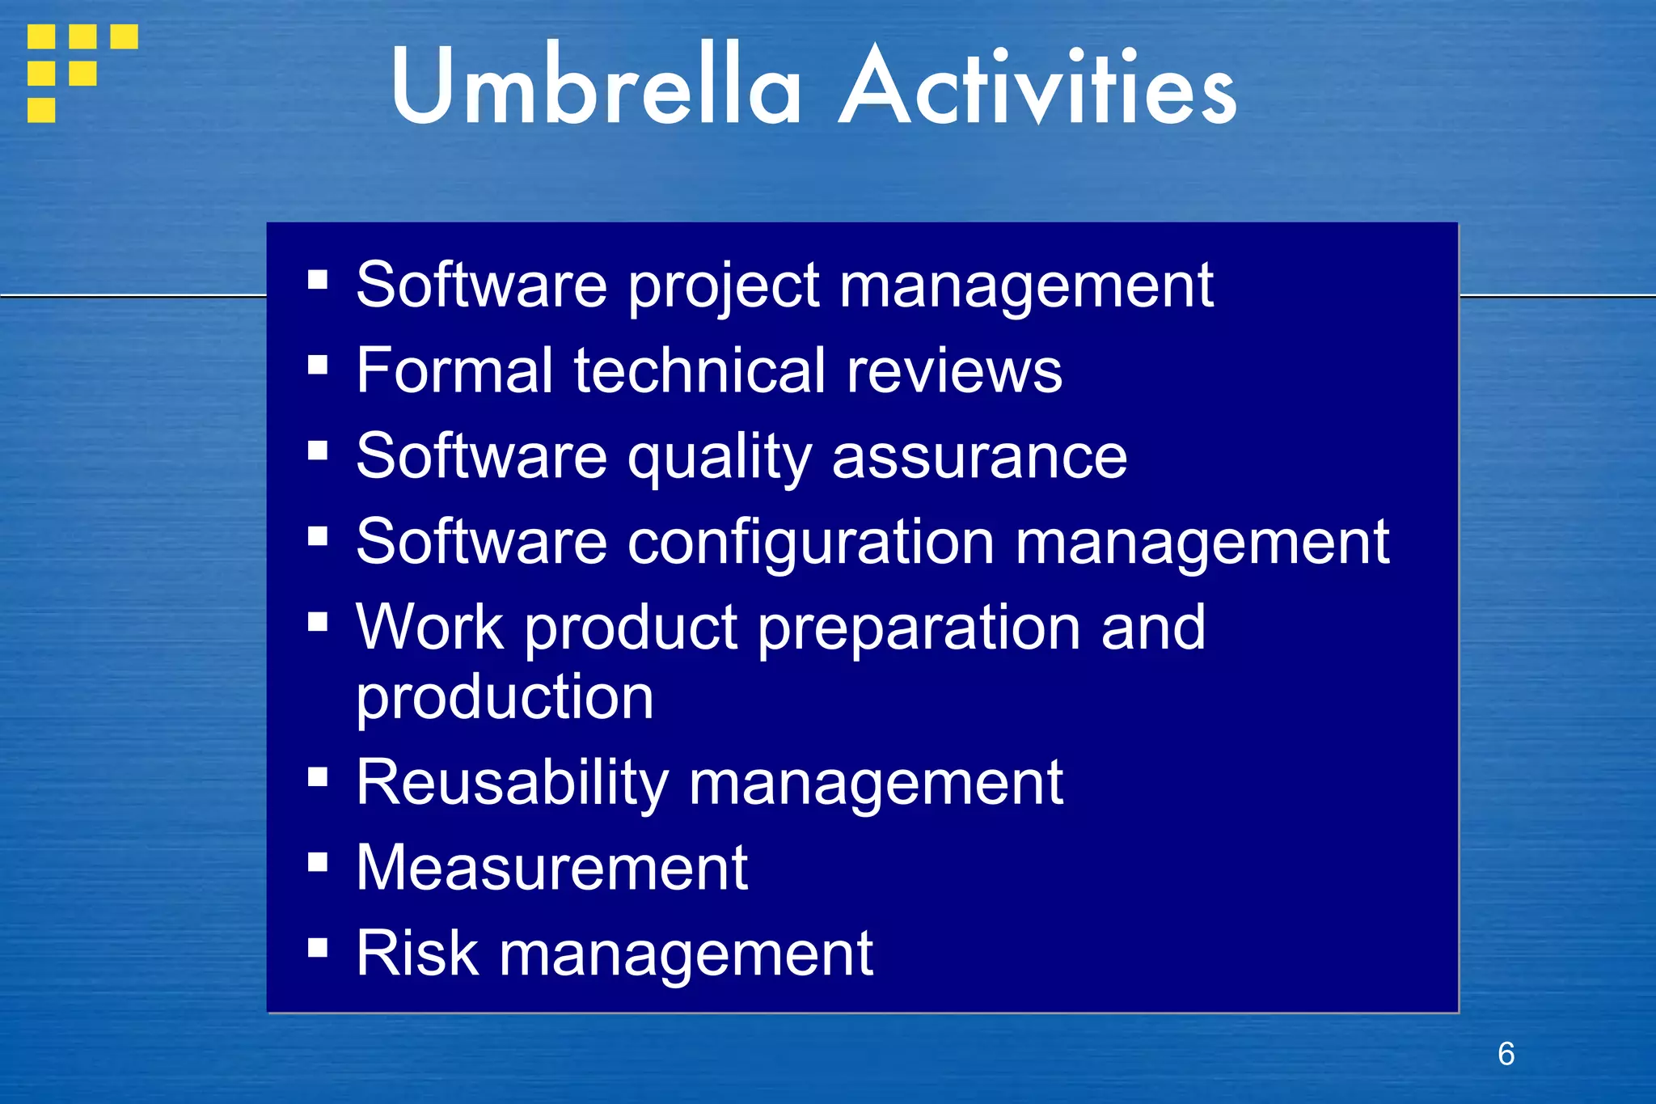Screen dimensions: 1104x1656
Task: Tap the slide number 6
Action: pyautogui.click(x=1506, y=1054)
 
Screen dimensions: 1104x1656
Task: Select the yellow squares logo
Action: pyautogui.click(x=81, y=72)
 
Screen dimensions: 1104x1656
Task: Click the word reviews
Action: pyautogui.click(x=954, y=372)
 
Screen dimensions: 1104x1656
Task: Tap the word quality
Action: pyautogui.click(x=720, y=459)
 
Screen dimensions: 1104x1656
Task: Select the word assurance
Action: pyautogui.click(x=979, y=457)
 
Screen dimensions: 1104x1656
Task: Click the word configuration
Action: pyautogui.click(x=811, y=543)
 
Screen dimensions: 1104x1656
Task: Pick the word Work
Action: pyautogui.click(x=430, y=628)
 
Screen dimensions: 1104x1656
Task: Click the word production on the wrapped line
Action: pyautogui.click(x=505, y=697)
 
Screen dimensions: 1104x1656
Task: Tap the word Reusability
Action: pyautogui.click(x=512, y=784)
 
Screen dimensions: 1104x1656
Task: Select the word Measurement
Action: pyautogui.click(x=552, y=868)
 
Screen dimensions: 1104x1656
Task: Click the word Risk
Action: pyautogui.click(x=417, y=954)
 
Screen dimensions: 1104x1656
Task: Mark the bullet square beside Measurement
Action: pyautogui.click(x=318, y=862)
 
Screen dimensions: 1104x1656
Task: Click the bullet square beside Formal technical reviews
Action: pyautogui.click(x=318, y=365)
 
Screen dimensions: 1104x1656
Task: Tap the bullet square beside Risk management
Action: pyautogui.click(x=318, y=947)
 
